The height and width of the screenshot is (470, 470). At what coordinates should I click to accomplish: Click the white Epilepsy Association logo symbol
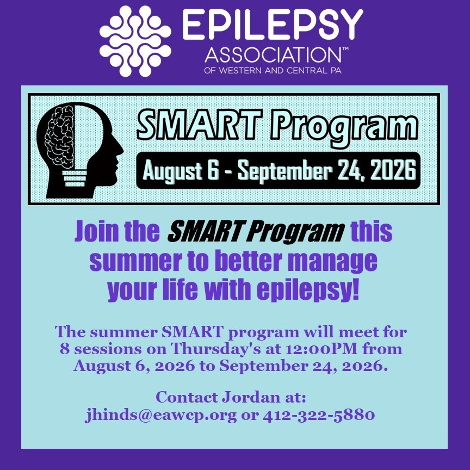coord(135,41)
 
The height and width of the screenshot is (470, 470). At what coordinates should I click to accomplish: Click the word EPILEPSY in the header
coord(273,24)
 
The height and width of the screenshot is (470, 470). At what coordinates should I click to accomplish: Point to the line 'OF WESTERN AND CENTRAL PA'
coord(273,71)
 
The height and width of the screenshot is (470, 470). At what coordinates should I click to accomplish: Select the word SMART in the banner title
coord(199,125)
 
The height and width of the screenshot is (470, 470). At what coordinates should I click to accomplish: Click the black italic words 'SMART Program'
coord(256,232)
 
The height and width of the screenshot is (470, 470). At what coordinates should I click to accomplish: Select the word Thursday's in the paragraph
coord(216,349)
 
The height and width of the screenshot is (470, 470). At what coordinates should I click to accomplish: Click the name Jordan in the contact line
coord(250,398)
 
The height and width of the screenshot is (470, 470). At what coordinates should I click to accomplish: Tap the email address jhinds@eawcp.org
coord(160,416)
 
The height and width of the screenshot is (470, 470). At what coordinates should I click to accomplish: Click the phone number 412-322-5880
coord(319,415)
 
